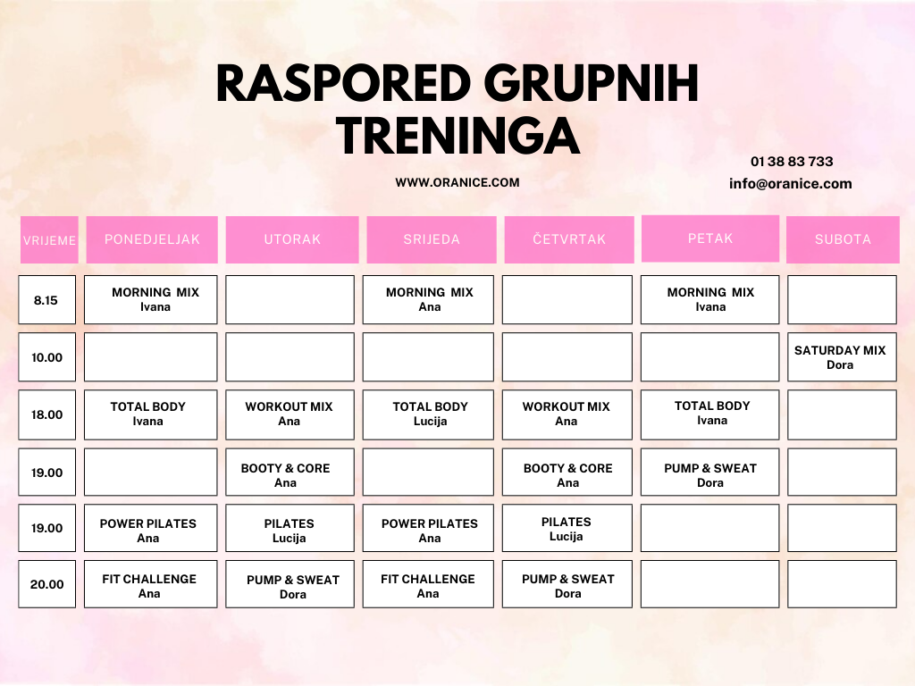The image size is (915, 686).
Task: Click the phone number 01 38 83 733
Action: click(x=792, y=162)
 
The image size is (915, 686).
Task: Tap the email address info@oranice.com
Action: click(x=790, y=184)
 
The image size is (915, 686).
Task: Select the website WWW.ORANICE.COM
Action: click(x=457, y=182)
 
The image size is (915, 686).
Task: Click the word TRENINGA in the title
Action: click(x=457, y=136)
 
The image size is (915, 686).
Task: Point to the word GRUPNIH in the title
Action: click(x=591, y=83)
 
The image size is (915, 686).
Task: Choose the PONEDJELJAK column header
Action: click(x=152, y=239)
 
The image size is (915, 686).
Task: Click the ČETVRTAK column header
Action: click(x=569, y=239)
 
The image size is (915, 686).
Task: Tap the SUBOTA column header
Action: click(x=843, y=239)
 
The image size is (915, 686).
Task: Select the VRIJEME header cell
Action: click(x=49, y=239)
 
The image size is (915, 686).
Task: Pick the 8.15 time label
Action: click(x=46, y=300)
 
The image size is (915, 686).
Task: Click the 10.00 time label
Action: click(x=46, y=357)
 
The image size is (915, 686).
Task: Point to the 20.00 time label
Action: click(x=46, y=584)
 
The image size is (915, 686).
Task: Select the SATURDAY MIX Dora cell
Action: click(x=842, y=357)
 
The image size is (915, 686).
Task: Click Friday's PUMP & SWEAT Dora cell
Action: click(x=709, y=472)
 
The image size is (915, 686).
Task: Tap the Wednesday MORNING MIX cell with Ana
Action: click(x=428, y=300)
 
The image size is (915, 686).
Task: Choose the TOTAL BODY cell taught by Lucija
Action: click(x=428, y=414)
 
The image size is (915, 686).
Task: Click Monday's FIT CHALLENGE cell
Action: click(x=150, y=584)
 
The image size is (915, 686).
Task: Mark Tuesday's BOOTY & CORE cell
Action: click(x=290, y=472)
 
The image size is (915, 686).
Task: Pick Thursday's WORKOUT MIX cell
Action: click(x=567, y=414)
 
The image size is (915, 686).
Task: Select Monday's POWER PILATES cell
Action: click(x=150, y=528)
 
